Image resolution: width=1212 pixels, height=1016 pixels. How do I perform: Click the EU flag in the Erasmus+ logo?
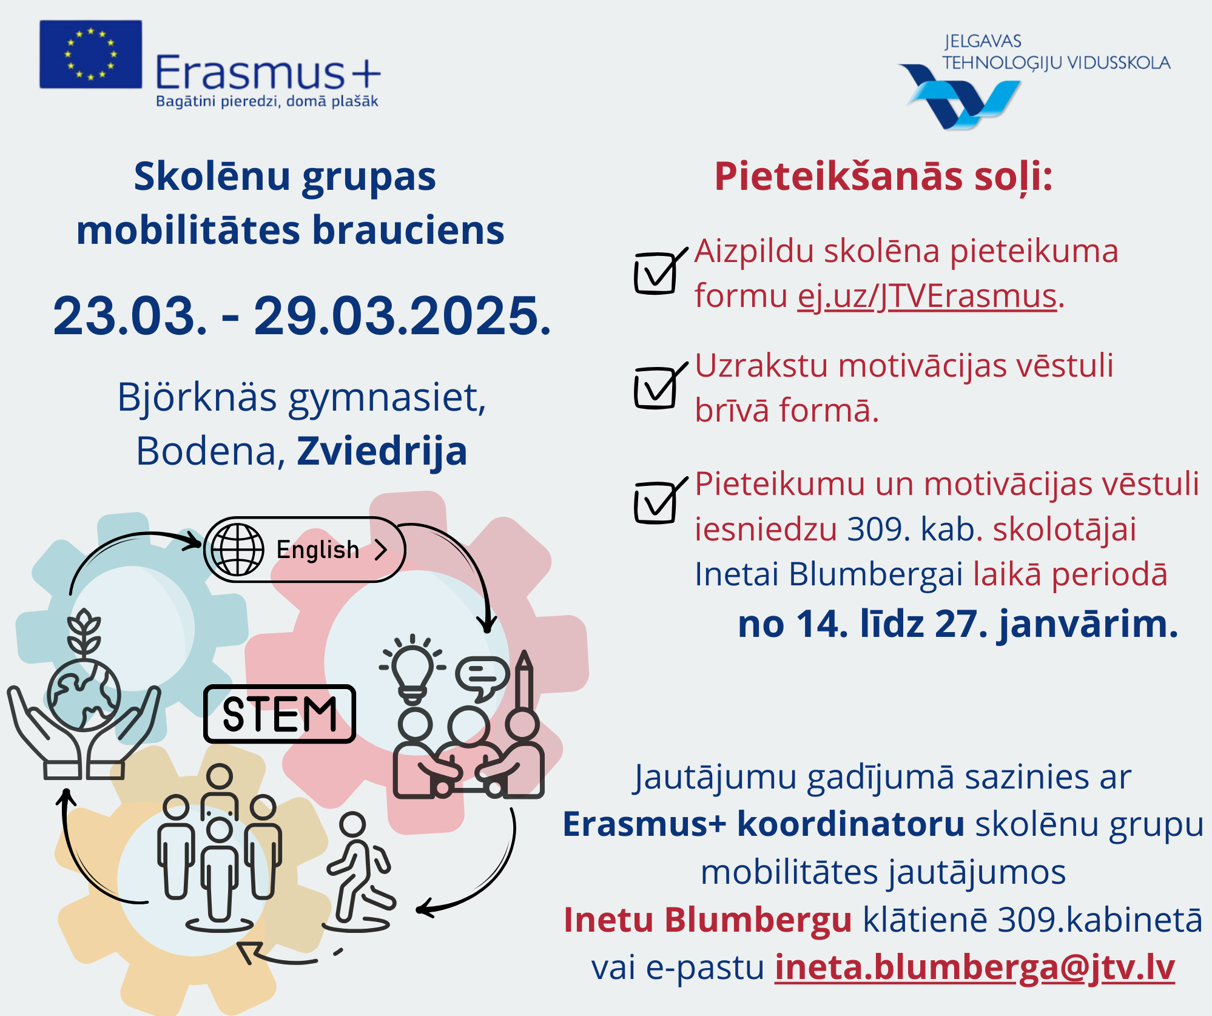(x=91, y=55)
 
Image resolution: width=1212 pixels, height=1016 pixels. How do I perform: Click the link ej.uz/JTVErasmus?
(x=927, y=297)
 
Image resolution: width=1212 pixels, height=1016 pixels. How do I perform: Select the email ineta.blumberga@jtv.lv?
(x=975, y=967)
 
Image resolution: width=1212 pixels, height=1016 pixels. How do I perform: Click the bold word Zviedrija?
(x=382, y=452)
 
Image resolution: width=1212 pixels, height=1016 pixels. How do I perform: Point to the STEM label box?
(x=280, y=714)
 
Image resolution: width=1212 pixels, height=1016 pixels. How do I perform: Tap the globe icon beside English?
(x=238, y=550)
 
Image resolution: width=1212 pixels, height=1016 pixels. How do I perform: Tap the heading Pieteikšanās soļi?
(x=883, y=177)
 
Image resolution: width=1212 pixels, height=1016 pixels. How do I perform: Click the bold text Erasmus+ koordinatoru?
(x=764, y=824)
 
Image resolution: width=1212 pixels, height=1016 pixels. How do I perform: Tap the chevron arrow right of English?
(x=381, y=550)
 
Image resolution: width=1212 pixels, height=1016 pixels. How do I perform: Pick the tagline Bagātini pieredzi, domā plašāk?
(x=267, y=101)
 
